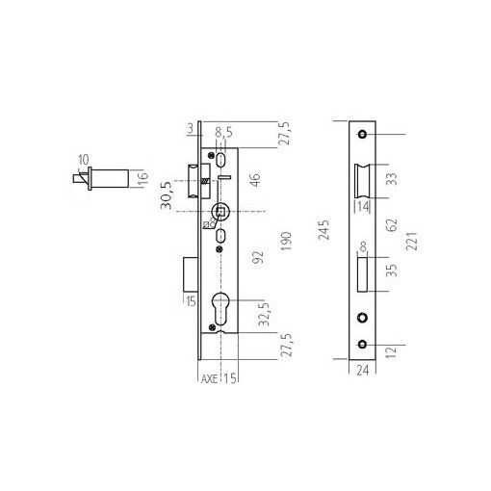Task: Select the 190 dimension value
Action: pyautogui.click(x=286, y=239)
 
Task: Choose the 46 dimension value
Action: pyautogui.click(x=255, y=180)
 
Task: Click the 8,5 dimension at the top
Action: pyautogui.click(x=223, y=132)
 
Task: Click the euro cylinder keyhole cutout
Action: pyautogui.click(x=221, y=310)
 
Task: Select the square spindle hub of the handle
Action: pyautogui.click(x=221, y=213)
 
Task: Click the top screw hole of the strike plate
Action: pyautogui.click(x=363, y=134)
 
